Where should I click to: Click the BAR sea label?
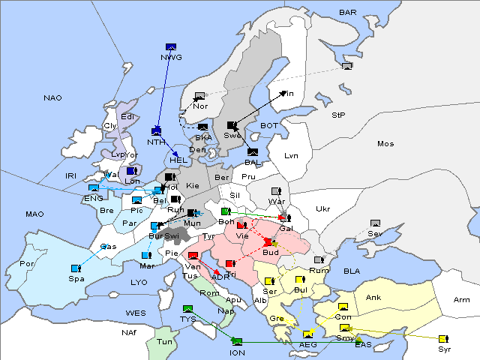pos(348,12)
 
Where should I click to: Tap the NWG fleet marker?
pos(170,46)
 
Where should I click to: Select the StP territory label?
pos(338,115)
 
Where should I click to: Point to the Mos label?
pos(385,143)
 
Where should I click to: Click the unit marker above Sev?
pos(376,223)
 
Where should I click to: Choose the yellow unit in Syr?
pos(443,339)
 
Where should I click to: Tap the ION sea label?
pos(238,352)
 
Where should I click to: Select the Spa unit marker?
pos(76,268)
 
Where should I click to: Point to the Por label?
pos(28,264)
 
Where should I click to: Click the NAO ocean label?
pos(53,97)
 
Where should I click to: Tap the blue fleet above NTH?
pos(157,131)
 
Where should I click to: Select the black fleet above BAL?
pos(253,152)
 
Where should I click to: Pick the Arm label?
pos(462,300)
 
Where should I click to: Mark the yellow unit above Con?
pos(343,307)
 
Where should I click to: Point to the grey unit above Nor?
pos(199,96)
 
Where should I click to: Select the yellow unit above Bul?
pos(299,280)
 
